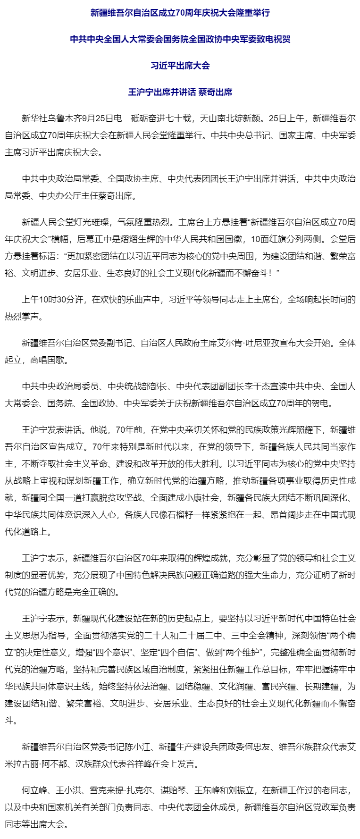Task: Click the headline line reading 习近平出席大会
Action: [180, 66]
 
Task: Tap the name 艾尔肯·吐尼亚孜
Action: [243, 343]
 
